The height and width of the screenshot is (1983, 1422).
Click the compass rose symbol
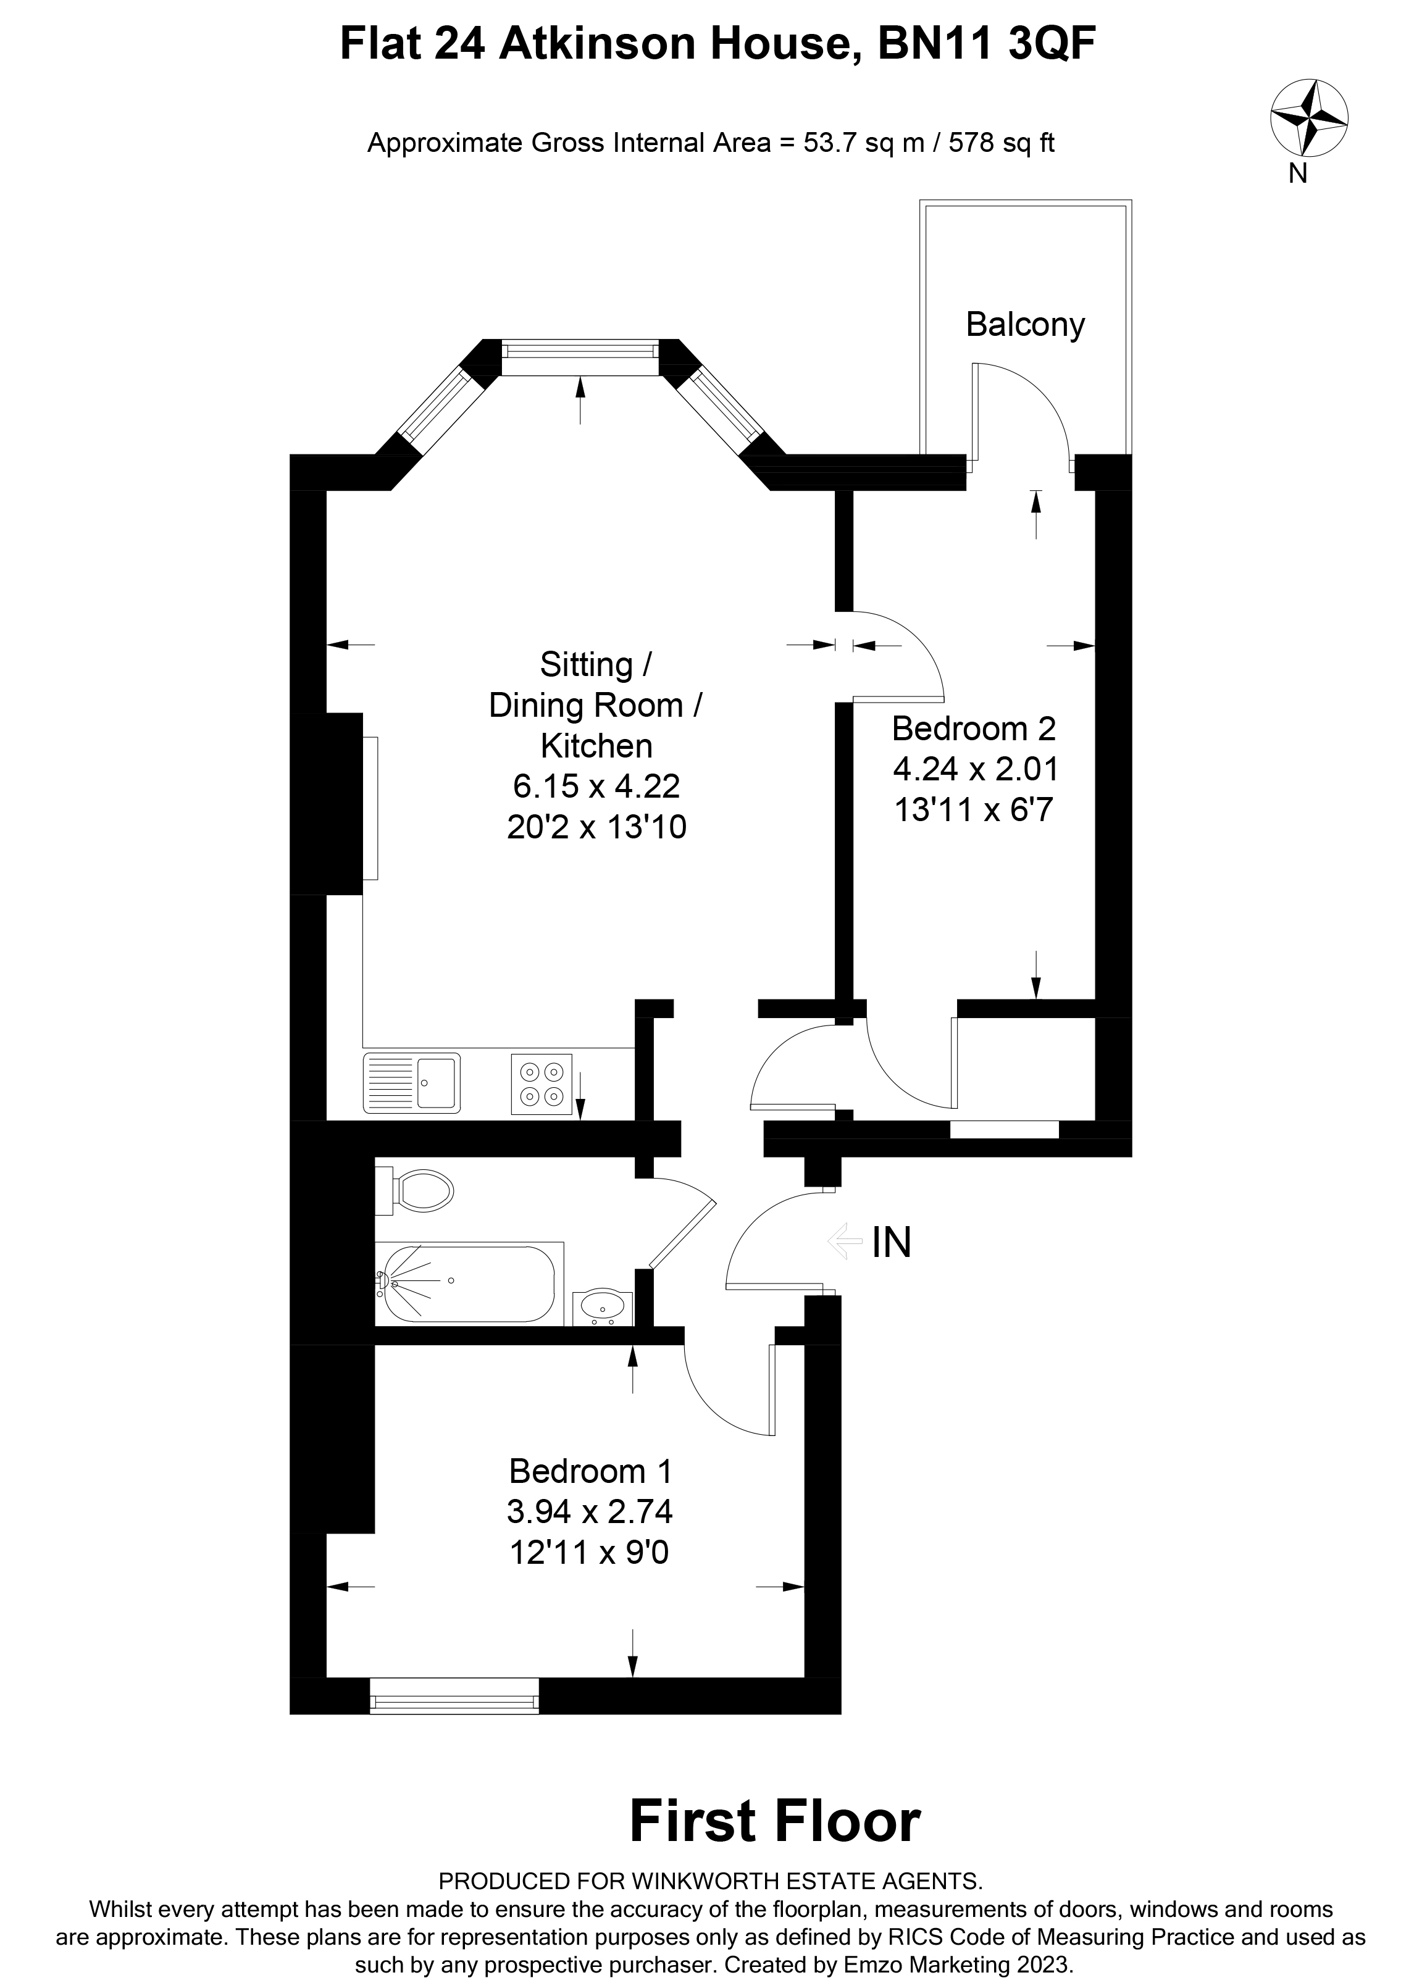coord(1308,117)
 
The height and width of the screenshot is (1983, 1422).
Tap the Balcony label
coord(1024,324)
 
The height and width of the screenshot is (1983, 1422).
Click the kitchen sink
coord(412,1082)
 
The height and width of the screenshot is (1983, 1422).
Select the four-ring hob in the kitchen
coord(542,1083)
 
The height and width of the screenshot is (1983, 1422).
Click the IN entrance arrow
coord(844,1241)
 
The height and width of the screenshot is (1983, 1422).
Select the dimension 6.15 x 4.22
coord(596,786)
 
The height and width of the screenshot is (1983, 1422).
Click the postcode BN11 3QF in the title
coord(985,44)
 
